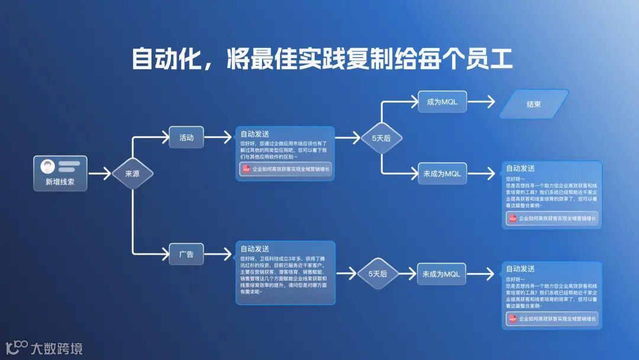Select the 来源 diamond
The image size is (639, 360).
point(133,174)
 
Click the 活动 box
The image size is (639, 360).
point(186,137)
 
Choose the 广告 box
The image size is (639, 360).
point(186,255)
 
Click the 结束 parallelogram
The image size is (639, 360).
point(534,104)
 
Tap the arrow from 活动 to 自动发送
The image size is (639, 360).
point(218,137)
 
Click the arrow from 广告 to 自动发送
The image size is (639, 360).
point(218,255)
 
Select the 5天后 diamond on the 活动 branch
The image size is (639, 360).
point(381,139)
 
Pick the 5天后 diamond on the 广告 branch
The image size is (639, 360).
point(377,274)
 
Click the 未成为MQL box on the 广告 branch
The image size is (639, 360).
point(441,274)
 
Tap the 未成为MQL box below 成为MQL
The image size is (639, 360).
point(442,173)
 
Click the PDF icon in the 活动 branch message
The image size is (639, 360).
point(246,169)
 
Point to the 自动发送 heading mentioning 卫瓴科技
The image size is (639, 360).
point(254,249)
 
